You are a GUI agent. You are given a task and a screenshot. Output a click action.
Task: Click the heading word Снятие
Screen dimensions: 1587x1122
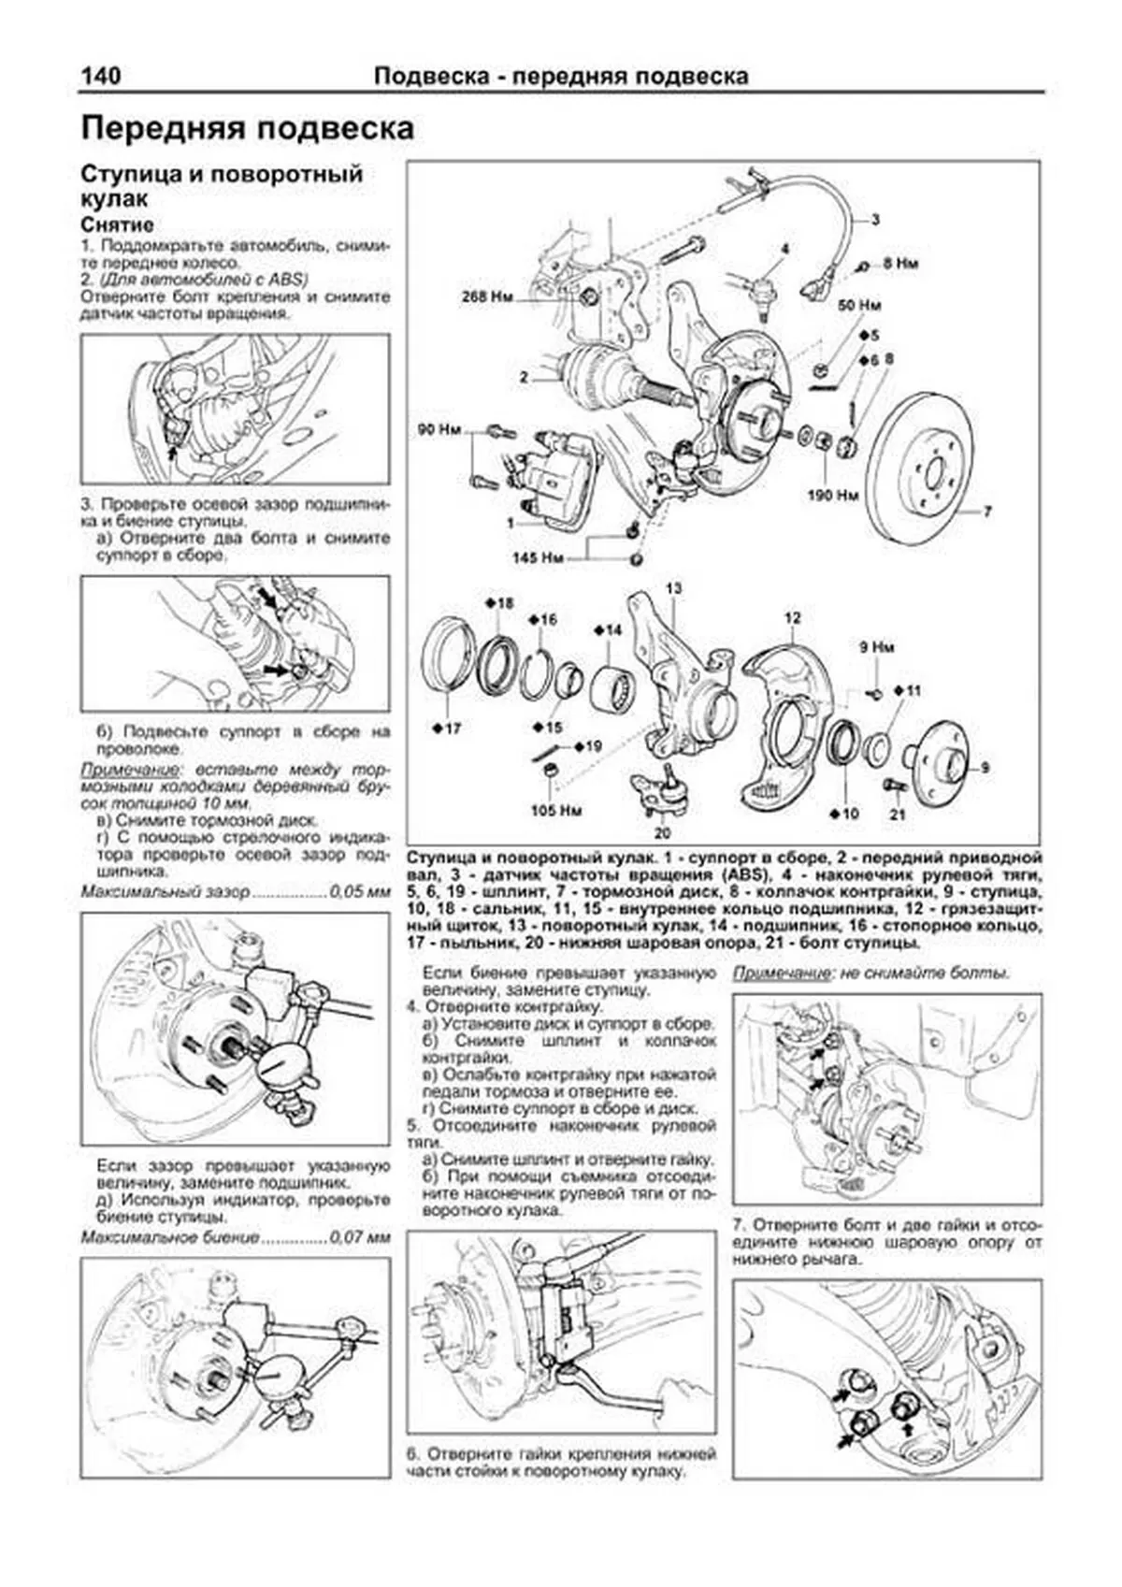pos(117,225)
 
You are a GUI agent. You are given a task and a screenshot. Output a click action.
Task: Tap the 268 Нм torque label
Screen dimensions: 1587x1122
pos(487,298)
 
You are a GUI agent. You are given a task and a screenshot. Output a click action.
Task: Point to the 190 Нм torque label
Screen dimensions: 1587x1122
pos(832,495)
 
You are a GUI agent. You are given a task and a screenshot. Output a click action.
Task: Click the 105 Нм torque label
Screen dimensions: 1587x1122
pos(556,810)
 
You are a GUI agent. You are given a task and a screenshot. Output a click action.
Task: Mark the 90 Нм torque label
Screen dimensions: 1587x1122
pos(439,430)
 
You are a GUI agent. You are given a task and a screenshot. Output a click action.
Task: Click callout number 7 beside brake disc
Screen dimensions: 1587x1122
pos(987,512)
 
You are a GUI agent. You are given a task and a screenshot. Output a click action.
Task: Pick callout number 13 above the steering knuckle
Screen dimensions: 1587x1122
pos(674,588)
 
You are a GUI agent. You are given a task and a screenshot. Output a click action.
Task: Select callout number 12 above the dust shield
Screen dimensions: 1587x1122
pos(793,617)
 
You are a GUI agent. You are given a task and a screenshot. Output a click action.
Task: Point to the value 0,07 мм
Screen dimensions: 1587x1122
pos(359,1237)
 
